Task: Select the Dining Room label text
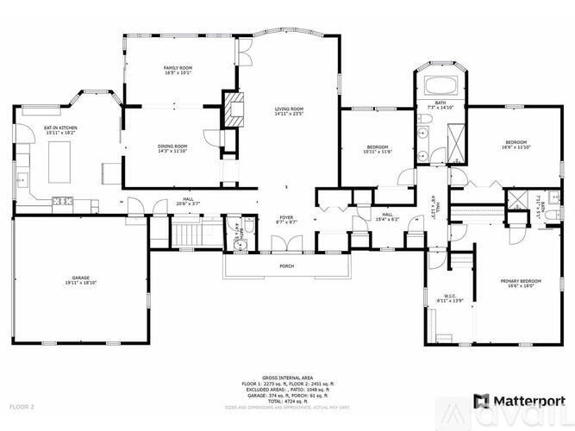(x=172, y=149)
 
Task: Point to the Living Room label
(x=289, y=109)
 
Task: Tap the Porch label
(x=287, y=266)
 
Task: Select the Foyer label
(x=286, y=219)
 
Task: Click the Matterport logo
(x=516, y=401)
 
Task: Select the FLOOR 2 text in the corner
(x=22, y=405)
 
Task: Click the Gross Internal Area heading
(x=286, y=378)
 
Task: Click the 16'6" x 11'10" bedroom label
(x=516, y=145)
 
